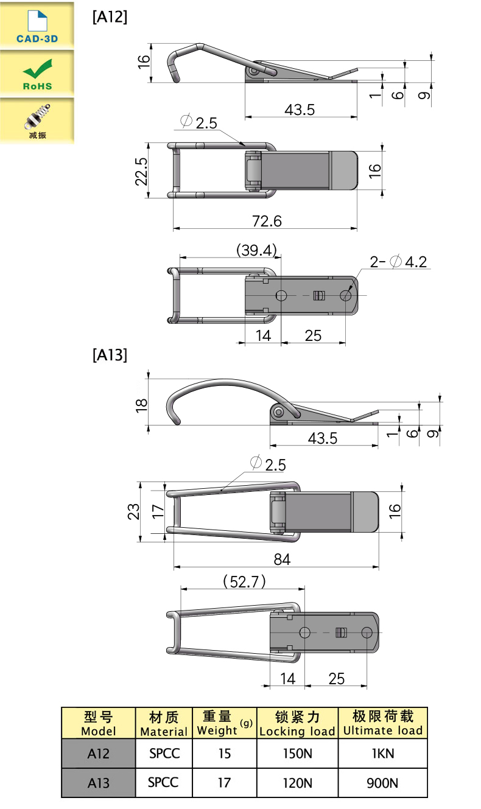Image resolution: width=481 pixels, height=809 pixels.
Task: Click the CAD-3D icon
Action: [37, 26]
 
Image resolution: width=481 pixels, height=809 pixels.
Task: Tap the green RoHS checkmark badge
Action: [37, 73]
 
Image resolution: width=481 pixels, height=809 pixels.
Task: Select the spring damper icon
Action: [37, 121]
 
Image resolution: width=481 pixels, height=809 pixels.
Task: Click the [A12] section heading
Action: [110, 17]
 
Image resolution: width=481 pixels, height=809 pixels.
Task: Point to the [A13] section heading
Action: [110, 355]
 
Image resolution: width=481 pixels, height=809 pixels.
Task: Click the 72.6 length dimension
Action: [267, 221]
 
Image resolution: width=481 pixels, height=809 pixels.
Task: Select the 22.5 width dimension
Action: [141, 172]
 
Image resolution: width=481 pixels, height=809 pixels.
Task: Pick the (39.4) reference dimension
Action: [256, 250]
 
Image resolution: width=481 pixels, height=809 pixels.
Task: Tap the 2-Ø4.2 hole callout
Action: [398, 262]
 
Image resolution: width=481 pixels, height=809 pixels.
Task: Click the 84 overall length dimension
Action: [282, 559]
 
